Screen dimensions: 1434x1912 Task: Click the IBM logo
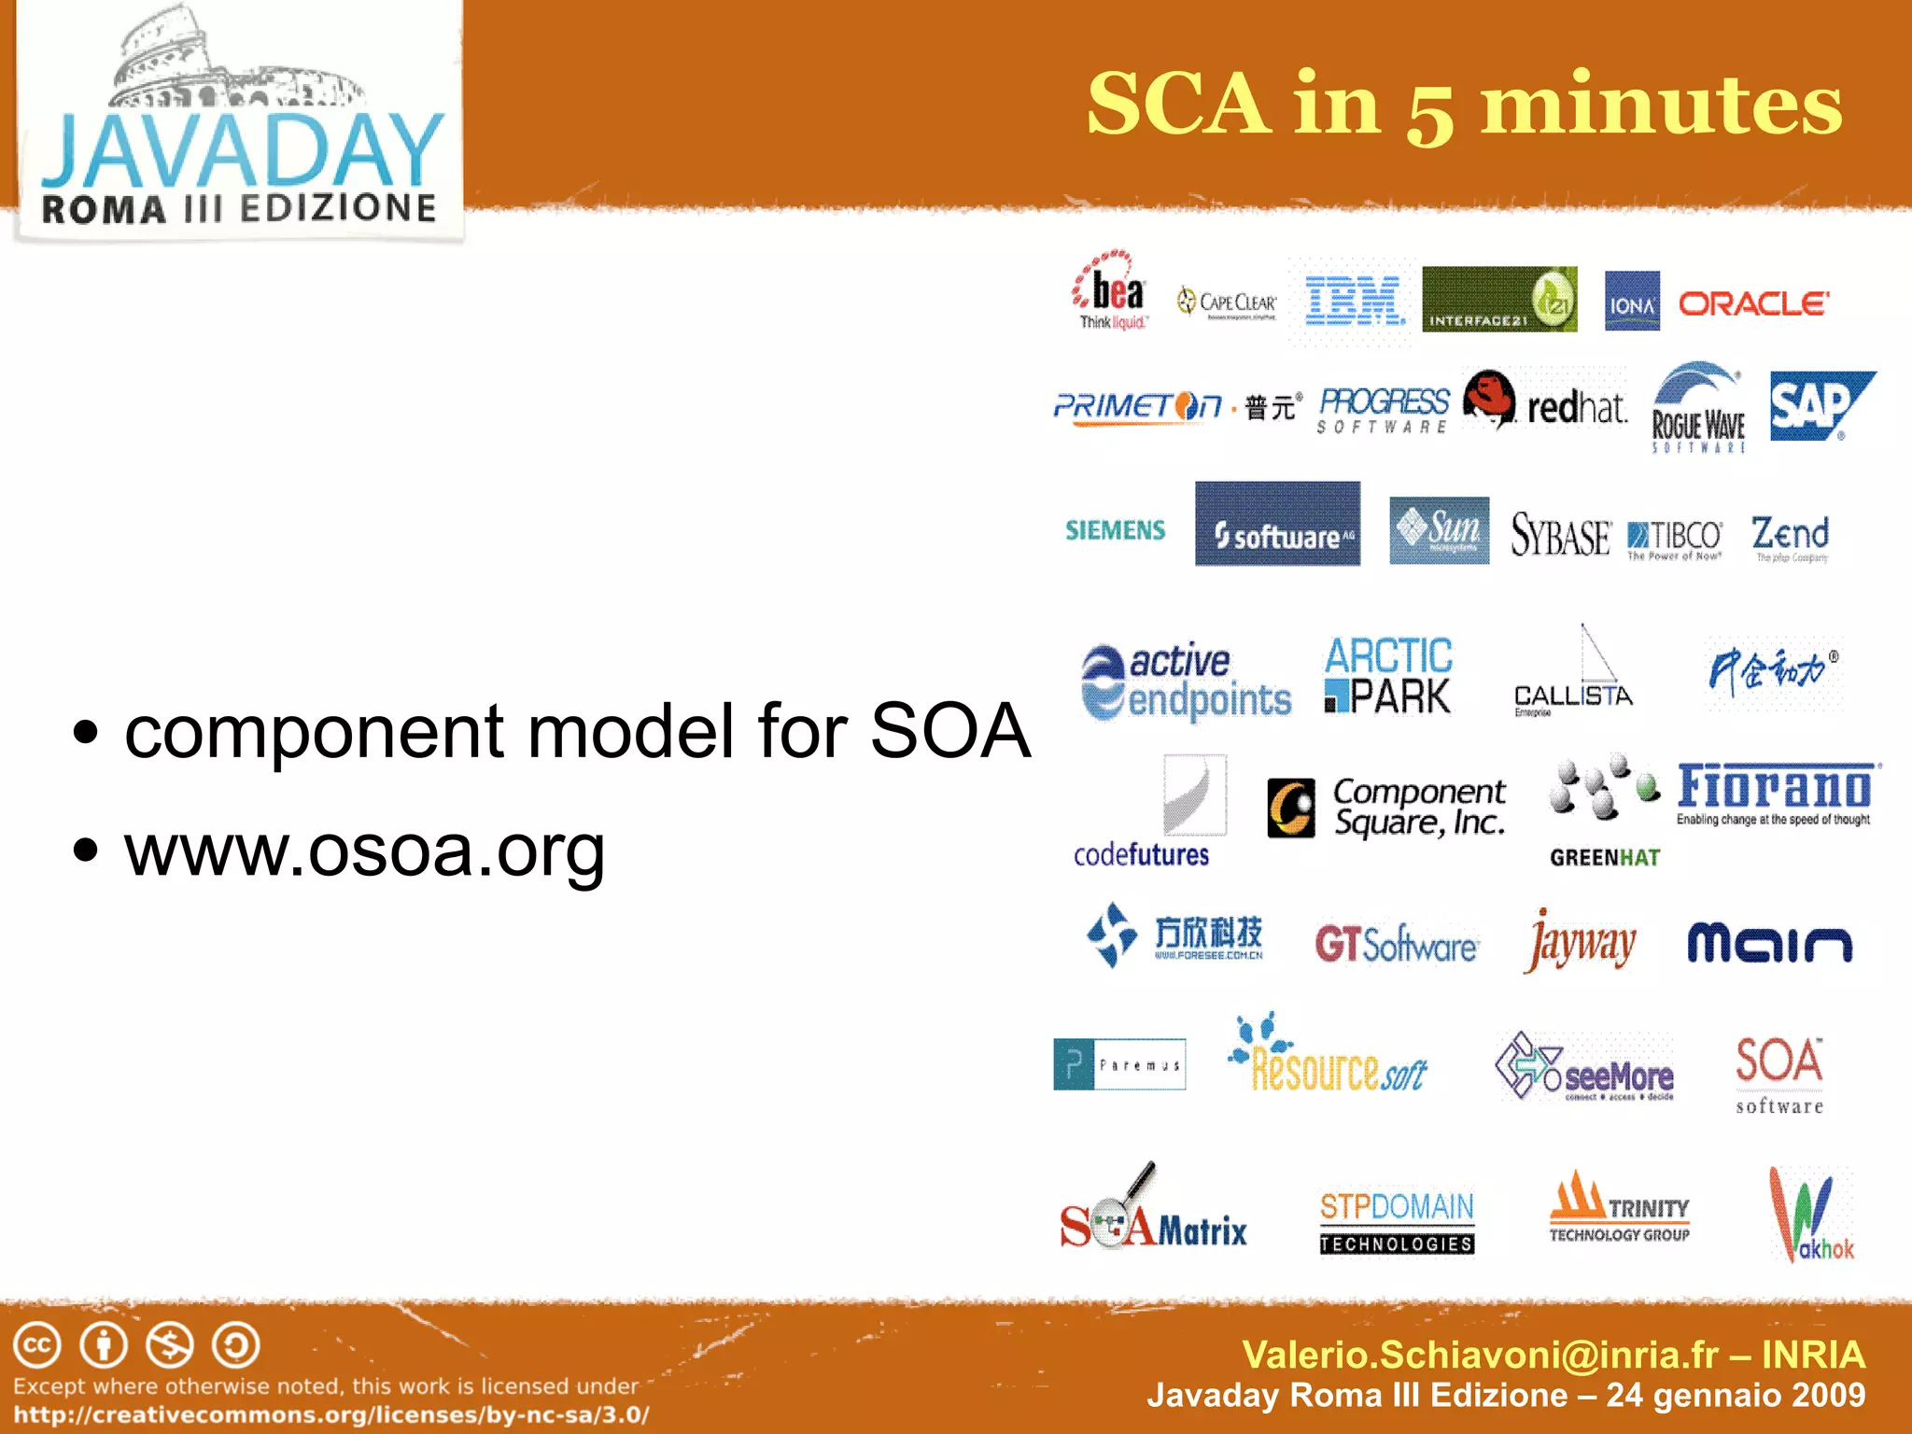[x=1354, y=301]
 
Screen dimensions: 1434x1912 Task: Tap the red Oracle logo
[x=1753, y=303]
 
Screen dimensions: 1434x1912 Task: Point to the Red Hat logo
[x=1546, y=401]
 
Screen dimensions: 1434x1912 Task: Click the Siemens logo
[x=1116, y=530]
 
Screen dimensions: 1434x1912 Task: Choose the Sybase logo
[x=1560, y=535]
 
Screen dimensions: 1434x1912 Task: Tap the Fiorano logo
[x=1775, y=793]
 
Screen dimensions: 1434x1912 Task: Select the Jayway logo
[x=1580, y=943]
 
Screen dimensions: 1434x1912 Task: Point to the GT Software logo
[x=1396, y=945]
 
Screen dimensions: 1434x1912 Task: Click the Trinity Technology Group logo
[x=1620, y=1209]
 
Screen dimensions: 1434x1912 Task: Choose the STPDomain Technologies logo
[x=1397, y=1221]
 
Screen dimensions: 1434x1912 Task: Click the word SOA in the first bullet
[x=950, y=731]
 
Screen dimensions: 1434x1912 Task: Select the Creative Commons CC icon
[x=37, y=1345]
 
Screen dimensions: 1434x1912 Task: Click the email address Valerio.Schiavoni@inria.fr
[x=1480, y=1355]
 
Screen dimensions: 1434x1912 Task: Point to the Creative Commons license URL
[x=331, y=1414]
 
